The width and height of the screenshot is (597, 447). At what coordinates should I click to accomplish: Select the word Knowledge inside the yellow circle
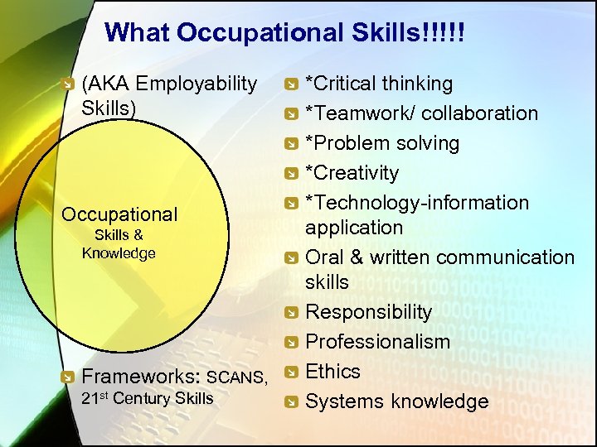[x=119, y=253]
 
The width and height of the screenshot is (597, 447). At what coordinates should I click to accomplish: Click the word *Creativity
[x=352, y=173]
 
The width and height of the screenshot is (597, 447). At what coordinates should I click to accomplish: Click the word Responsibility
[x=368, y=312]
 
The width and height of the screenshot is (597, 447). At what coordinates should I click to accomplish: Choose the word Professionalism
[x=377, y=342]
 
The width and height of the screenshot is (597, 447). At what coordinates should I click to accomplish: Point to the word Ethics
[x=332, y=372]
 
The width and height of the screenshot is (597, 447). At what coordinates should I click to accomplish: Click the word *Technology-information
[x=417, y=203]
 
